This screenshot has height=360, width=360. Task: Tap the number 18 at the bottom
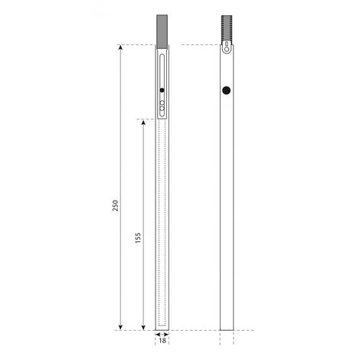point(162,342)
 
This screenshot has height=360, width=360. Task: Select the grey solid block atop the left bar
point(162,29)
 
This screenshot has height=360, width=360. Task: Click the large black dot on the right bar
point(226,90)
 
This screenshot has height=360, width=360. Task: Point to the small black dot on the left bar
point(162,91)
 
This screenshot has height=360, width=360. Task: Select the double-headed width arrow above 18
point(162,335)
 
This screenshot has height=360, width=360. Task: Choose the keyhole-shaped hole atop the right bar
point(226,48)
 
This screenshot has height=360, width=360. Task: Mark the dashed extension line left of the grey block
point(138,44)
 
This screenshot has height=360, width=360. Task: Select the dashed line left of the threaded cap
point(207,44)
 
